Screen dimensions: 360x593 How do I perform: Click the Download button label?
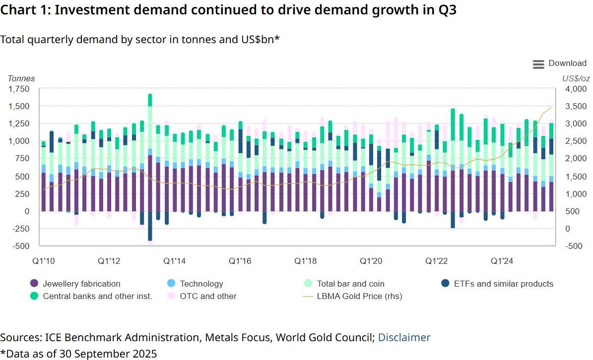567,63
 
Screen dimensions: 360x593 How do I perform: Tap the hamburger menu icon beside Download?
538,64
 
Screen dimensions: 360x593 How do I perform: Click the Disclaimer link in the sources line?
404,338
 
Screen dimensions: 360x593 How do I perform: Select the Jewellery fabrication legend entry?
81,284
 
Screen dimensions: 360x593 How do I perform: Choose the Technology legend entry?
201,284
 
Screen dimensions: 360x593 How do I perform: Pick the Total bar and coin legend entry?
350,284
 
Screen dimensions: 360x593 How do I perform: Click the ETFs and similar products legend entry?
503,284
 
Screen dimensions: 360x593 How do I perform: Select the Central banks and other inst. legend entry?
97,296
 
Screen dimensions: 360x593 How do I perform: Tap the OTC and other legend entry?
208,296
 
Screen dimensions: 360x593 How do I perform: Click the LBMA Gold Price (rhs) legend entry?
359,296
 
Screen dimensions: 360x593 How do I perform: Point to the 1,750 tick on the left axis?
19,89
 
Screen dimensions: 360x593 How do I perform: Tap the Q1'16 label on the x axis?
239,260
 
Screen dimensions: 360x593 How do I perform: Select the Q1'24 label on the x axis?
502,260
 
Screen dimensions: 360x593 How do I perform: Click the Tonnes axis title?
21,78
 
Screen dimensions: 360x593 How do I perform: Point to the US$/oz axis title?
576,78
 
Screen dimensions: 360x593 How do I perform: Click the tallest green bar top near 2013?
150,96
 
